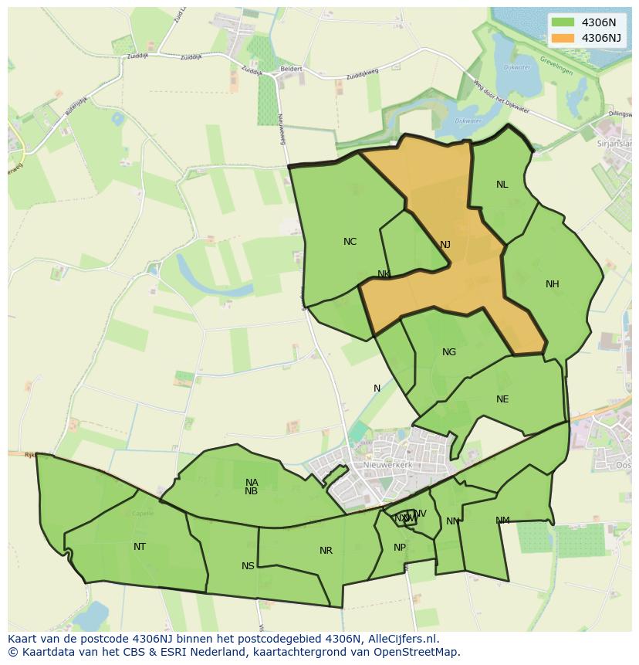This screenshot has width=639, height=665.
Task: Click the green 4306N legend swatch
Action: click(563, 23)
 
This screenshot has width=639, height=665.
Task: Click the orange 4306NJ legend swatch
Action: click(563, 38)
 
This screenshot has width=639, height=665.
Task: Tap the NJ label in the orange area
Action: click(445, 245)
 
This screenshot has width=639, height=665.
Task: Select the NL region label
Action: click(502, 185)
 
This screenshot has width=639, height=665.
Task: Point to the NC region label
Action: click(350, 242)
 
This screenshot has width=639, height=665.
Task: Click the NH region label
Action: click(553, 284)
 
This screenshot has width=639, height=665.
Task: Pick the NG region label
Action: click(449, 352)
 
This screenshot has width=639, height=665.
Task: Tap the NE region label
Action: click(502, 399)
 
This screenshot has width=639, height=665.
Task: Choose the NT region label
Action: click(140, 547)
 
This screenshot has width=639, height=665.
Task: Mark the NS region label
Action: click(248, 566)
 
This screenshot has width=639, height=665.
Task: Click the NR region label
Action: click(326, 551)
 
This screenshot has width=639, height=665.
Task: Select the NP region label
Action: click(400, 548)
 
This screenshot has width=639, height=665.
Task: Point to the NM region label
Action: click(502, 521)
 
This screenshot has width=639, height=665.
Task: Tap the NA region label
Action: click(252, 483)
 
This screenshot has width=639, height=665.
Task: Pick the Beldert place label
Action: click(291, 69)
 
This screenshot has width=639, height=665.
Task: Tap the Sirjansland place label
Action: click(614, 144)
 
